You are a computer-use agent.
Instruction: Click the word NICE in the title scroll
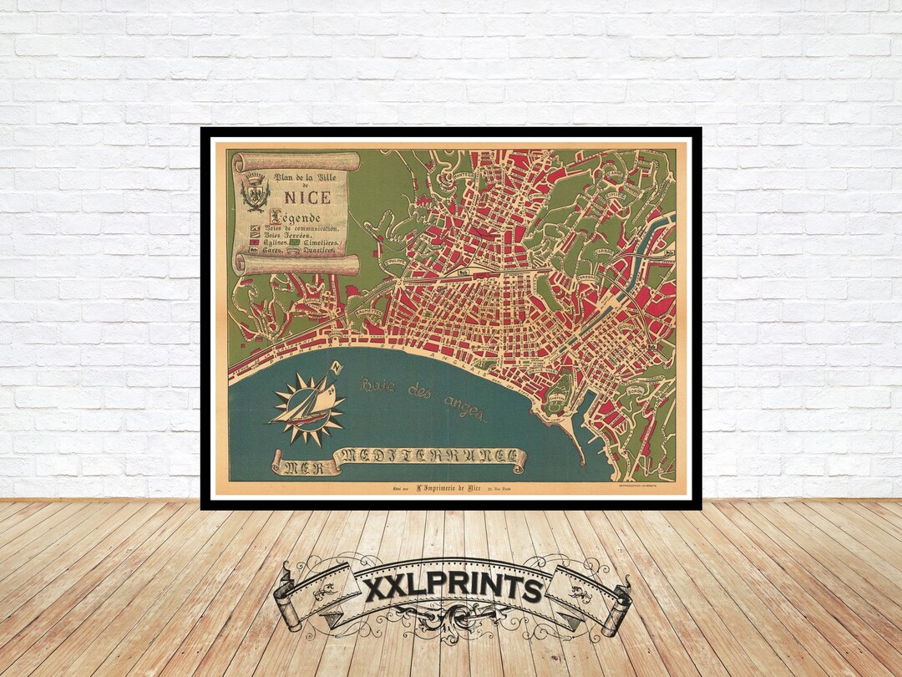click(x=307, y=198)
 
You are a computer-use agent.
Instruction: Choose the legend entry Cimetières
click(x=322, y=242)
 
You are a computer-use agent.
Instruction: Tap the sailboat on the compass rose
click(x=306, y=410)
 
